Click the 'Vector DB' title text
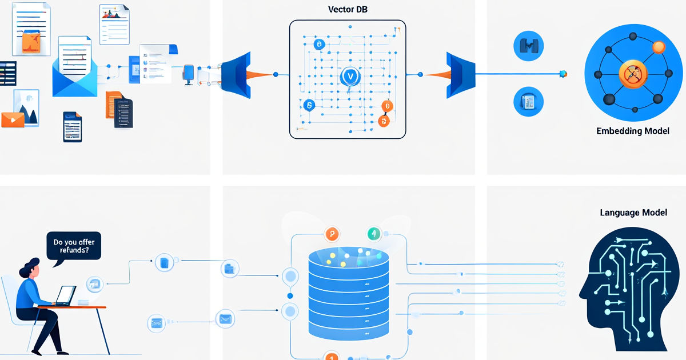tap(348, 10)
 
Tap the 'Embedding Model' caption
tap(633, 131)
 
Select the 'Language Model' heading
tap(633, 213)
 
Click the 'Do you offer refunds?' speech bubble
tap(74, 246)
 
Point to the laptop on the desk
tap(66, 296)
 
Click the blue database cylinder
tap(349, 293)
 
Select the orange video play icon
tap(13, 120)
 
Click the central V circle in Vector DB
tap(350, 76)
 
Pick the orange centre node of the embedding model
tap(633, 74)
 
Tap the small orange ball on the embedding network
tap(659, 47)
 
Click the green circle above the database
tap(374, 234)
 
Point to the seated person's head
tap(31, 269)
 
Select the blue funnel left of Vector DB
tap(236, 75)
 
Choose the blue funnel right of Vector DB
tap(461, 75)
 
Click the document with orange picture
tap(31, 29)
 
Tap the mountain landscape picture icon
tap(27, 108)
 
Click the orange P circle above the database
tap(332, 234)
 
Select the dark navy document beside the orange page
tap(123, 113)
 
